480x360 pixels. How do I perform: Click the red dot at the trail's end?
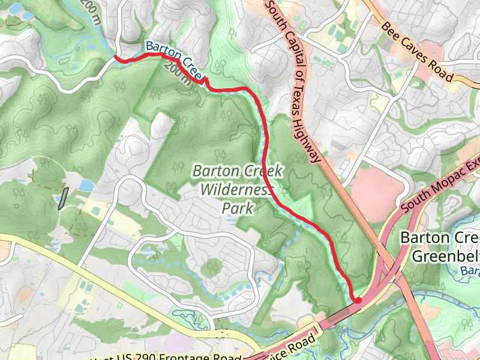357,301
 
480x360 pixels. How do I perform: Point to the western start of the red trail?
116,58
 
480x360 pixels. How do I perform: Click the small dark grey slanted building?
63,198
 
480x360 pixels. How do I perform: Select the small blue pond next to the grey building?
85,185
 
